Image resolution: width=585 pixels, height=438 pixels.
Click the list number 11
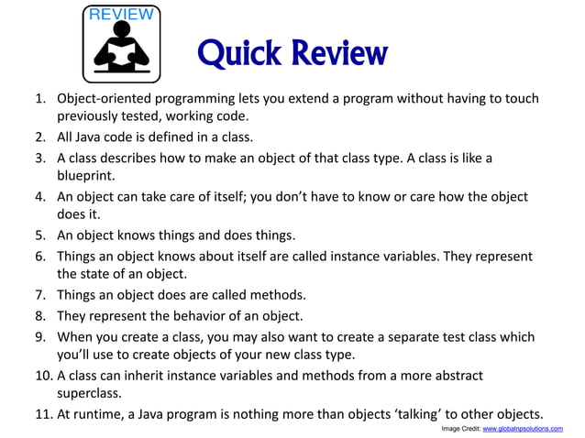(38, 413)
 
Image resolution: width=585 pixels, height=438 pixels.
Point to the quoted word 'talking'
(414, 413)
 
